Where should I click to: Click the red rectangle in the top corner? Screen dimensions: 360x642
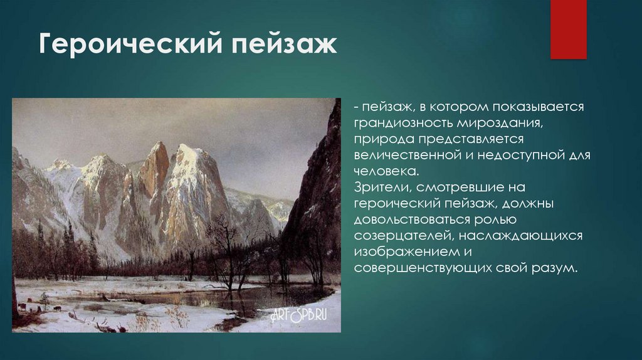568,29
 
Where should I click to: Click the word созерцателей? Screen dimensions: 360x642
398,236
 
